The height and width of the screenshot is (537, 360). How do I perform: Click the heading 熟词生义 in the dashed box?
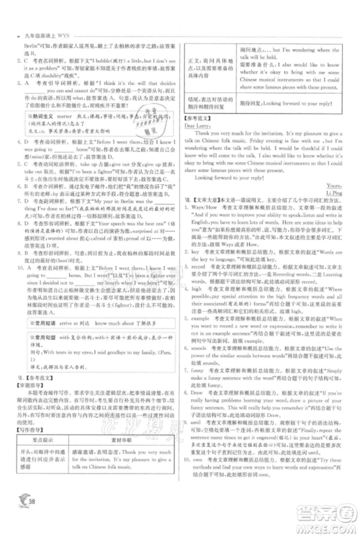[44, 132]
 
